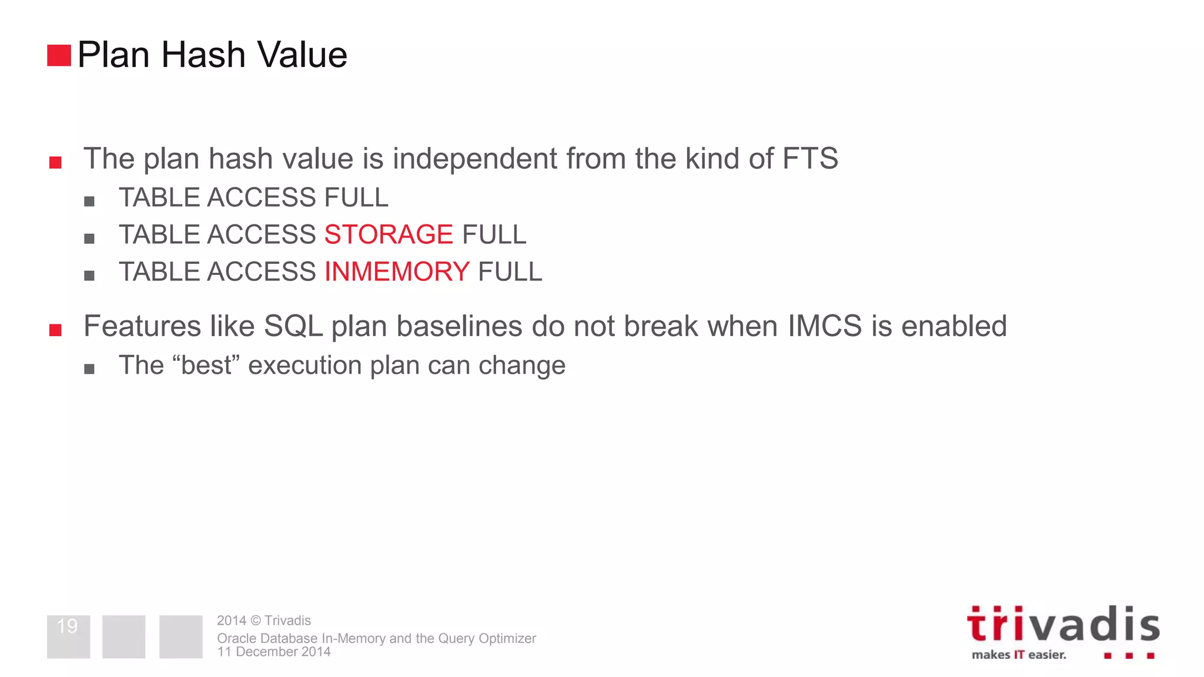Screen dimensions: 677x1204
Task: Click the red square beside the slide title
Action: (x=59, y=55)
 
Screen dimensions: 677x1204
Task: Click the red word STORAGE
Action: (x=389, y=234)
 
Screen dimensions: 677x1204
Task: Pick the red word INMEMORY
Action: (x=397, y=272)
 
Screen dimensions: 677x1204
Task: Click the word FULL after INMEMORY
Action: (x=510, y=272)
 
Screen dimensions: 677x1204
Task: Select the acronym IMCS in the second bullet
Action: (x=824, y=326)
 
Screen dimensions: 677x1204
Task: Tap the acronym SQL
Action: (x=293, y=326)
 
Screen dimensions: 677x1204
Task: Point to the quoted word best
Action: (x=206, y=365)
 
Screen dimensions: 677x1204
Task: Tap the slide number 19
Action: (x=68, y=626)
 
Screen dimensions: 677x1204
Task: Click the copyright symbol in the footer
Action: (x=255, y=621)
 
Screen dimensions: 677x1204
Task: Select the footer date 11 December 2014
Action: (x=274, y=652)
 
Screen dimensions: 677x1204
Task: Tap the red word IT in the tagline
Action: (x=1018, y=655)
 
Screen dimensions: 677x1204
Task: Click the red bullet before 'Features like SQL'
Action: (x=56, y=330)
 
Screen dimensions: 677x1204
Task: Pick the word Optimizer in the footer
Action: (x=507, y=638)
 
